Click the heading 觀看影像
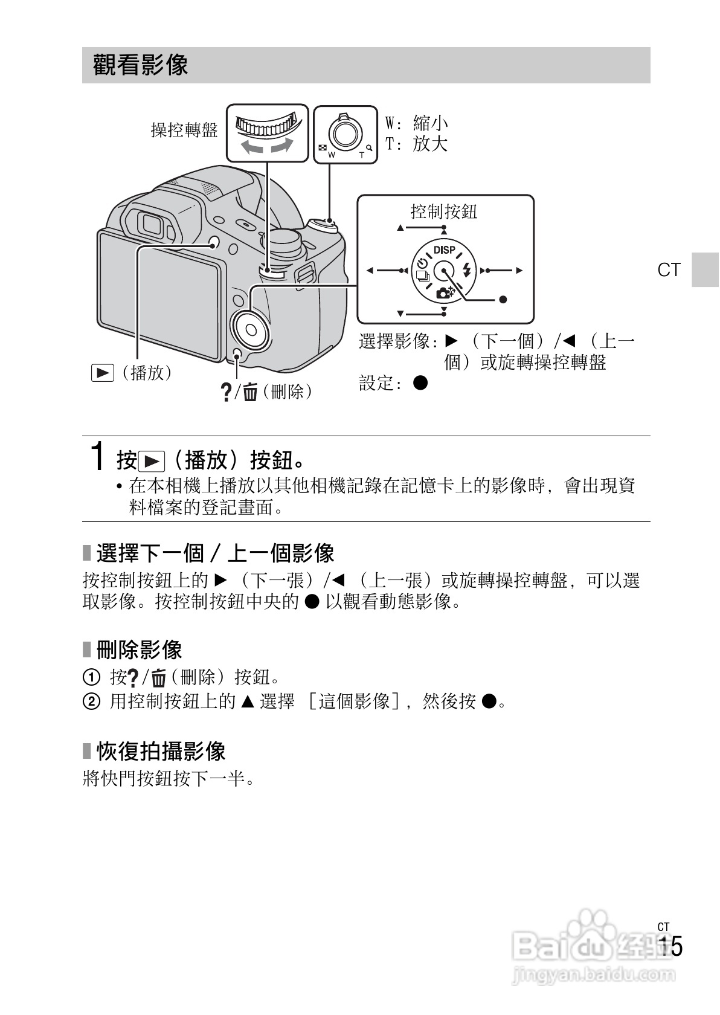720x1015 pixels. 141,65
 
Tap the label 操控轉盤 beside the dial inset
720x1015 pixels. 184,130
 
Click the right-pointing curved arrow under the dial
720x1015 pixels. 283,146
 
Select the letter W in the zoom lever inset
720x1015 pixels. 331,155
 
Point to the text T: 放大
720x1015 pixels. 417,144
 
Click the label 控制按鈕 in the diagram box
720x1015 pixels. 444,211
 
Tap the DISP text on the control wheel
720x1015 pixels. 445,250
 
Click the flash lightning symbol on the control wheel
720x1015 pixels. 466,270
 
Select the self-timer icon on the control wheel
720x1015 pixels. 422,264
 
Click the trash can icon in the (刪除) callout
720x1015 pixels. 250,393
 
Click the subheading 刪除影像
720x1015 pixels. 139,650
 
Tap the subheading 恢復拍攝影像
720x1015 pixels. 161,751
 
